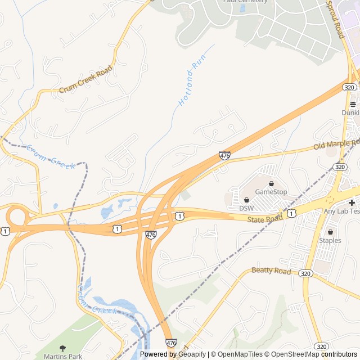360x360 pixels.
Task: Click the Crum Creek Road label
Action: pos(85,80)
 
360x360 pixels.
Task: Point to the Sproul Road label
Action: pos(335,18)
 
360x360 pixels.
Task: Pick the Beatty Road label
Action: pos(271,271)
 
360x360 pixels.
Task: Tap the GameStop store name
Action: pos(271,192)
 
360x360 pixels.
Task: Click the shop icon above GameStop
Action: pos(271,183)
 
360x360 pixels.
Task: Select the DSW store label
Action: pos(246,208)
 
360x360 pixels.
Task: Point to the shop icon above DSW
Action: pos(246,200)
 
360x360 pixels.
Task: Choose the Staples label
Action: pos(330,240)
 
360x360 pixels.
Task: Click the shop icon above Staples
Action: pos(330,232)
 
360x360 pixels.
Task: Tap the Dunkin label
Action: pos(350,112)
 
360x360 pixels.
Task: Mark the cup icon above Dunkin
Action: pos(353,104)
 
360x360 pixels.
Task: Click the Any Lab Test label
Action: pos(341,211)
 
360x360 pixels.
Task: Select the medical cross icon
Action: pos(352,202)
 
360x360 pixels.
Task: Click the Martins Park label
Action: pos(62,356)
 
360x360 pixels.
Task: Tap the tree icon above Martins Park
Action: pos(62,348)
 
